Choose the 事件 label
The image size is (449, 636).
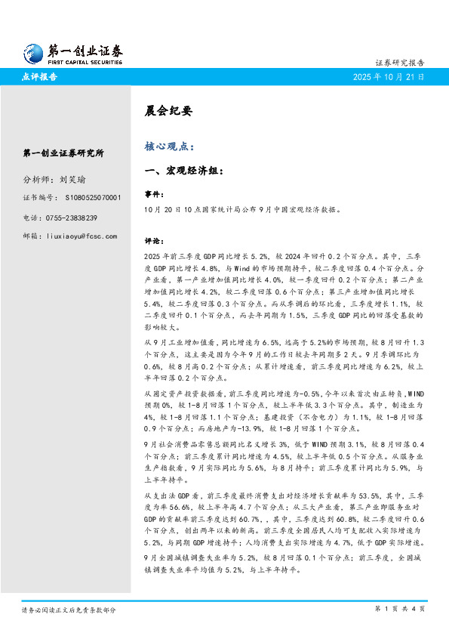coord(153,194)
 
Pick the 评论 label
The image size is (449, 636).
coord(153,241)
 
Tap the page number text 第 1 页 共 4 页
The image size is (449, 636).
coord(399,608)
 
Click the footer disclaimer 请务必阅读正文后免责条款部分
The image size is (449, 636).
coord(69,608)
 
